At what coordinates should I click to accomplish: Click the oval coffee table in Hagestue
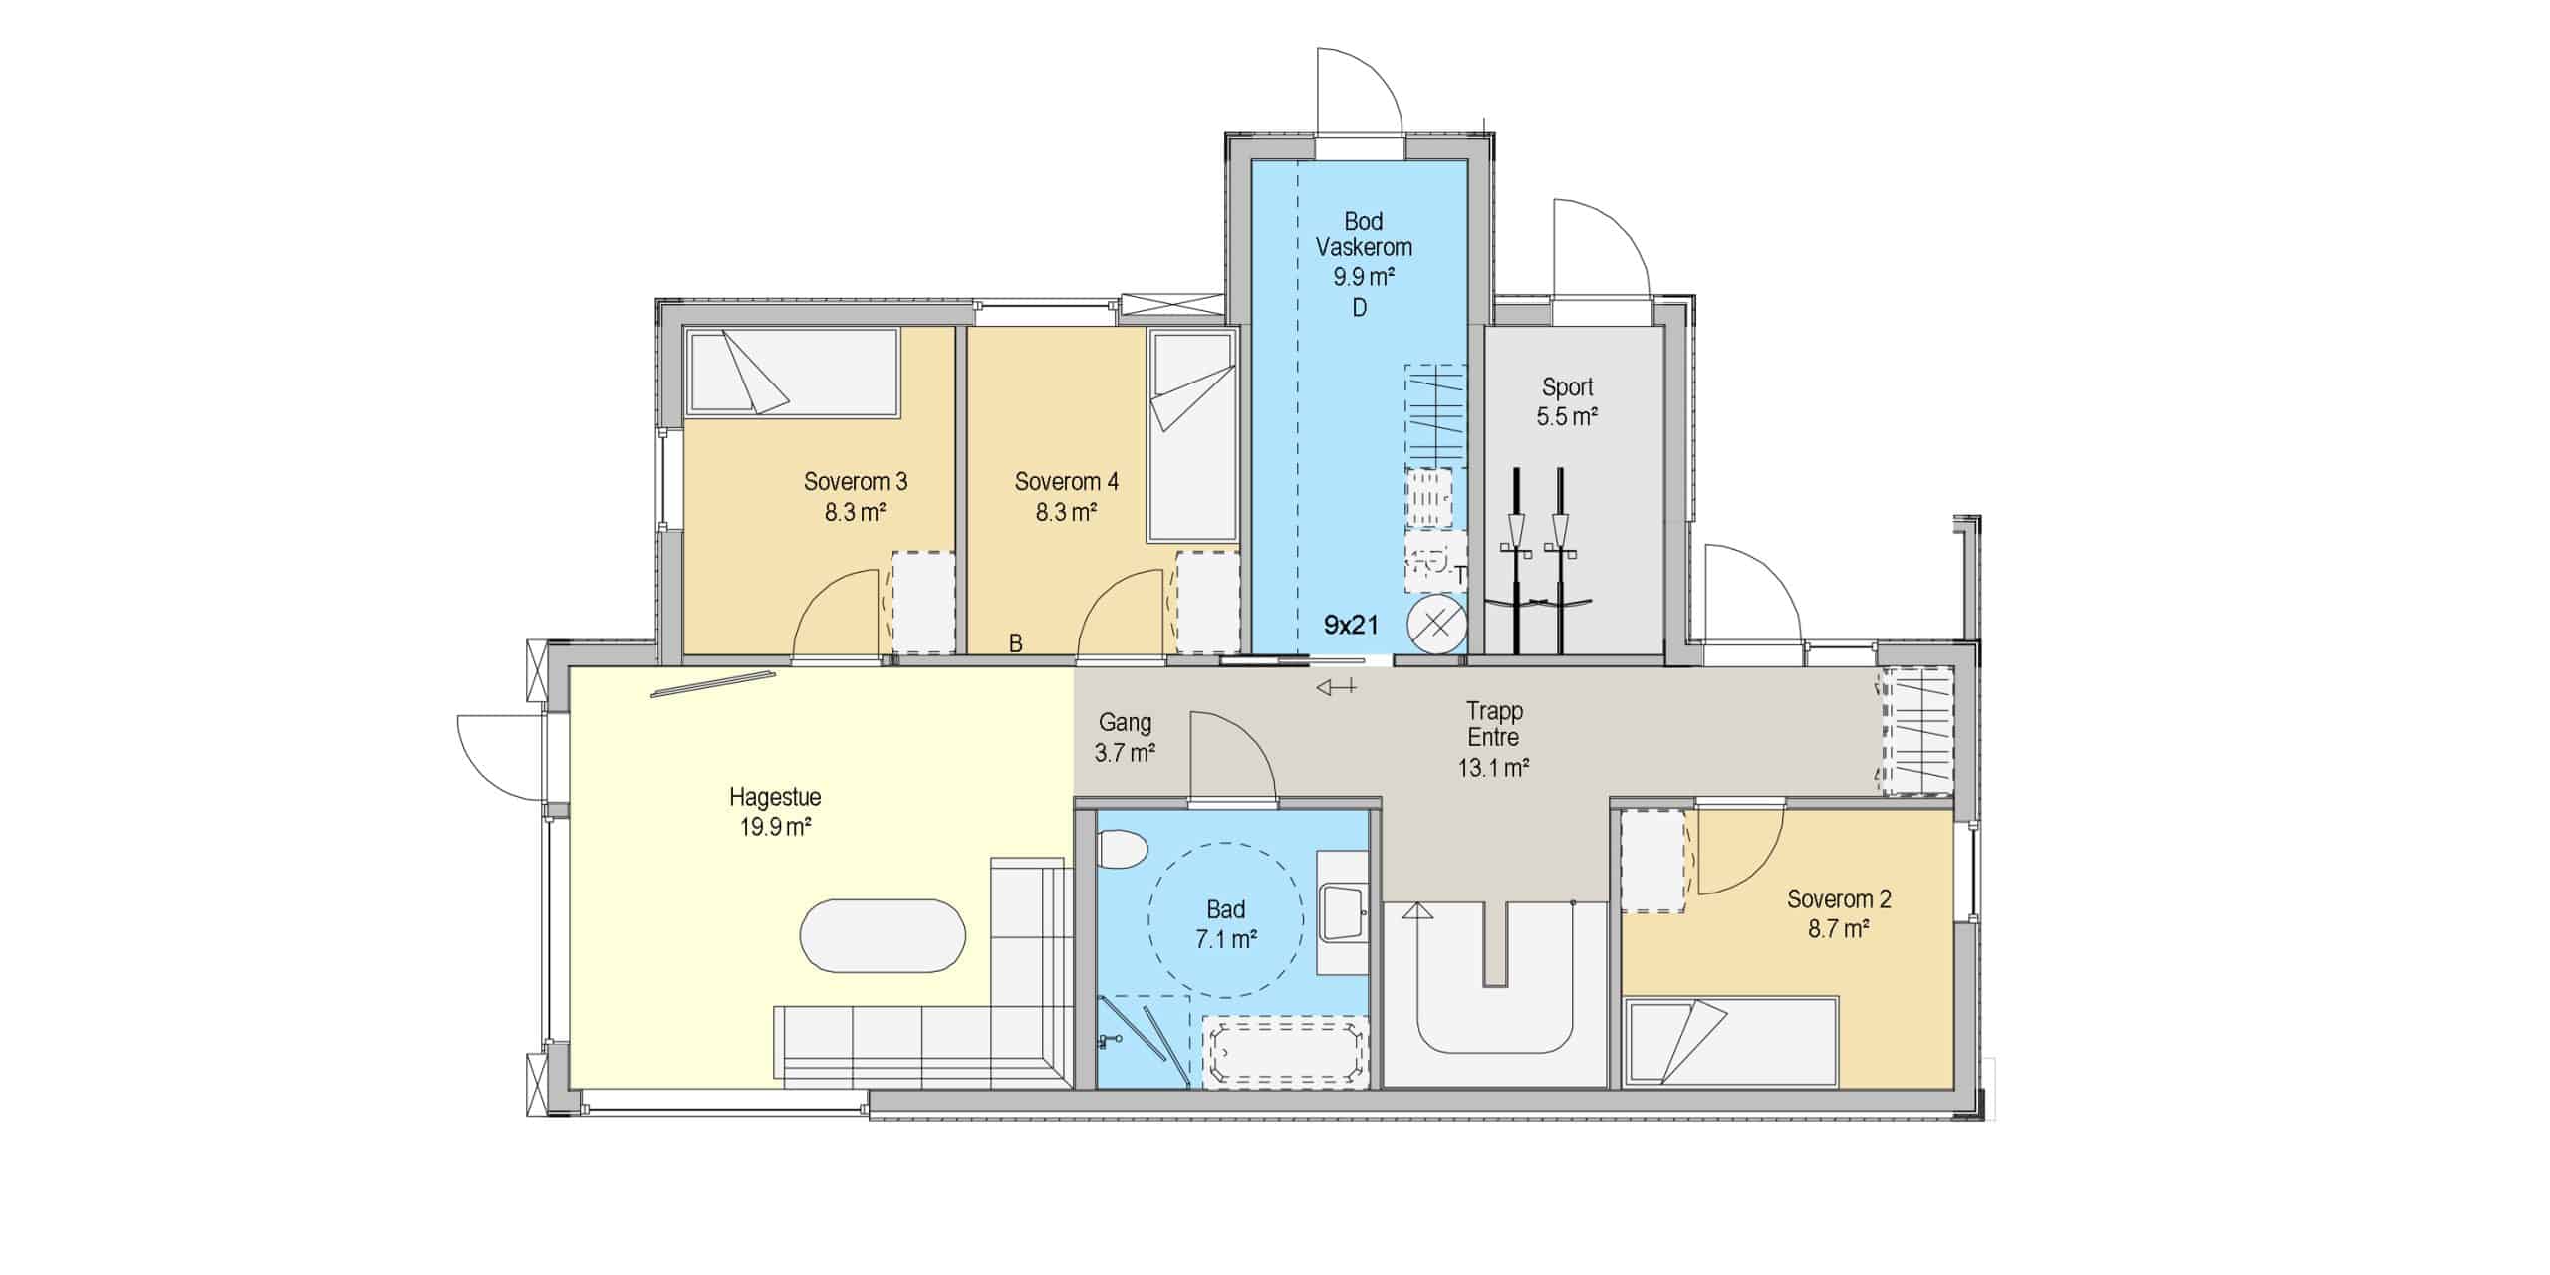tap(883, 935)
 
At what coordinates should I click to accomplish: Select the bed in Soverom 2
tap(1731, 1041)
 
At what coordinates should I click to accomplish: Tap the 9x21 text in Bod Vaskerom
tap(1351, 625)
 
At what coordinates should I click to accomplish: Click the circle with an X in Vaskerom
tap(1436, 626)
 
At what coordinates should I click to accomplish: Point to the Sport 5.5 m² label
tap(1567, 401)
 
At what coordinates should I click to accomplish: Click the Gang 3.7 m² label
tap(1125, 737)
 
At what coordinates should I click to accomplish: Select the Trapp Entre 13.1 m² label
tap(1494, 739)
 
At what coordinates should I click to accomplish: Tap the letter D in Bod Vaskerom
tap(1360, 308)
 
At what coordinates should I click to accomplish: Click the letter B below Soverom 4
tap(1016, 643)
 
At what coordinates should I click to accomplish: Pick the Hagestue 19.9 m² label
tap(775, 811)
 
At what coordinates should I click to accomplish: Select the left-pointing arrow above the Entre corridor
tap(1336, 686)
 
